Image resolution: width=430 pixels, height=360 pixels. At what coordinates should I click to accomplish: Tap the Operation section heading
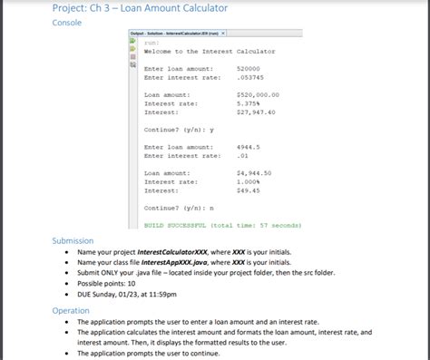click(71, 310)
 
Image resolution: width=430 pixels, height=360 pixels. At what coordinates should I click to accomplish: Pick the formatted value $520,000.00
click(258, 94)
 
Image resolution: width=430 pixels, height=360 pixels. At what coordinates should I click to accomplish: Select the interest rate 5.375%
click(249, 102)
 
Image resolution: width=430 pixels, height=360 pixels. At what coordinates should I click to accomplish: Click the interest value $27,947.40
click(256, 112)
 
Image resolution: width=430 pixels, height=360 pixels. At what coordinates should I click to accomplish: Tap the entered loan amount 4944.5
click(248, 146)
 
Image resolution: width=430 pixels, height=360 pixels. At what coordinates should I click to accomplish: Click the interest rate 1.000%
click(249, 181)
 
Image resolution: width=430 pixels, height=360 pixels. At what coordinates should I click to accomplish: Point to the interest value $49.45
click(248, 190)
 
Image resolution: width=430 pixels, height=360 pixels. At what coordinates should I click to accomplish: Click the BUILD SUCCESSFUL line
click(223, 223)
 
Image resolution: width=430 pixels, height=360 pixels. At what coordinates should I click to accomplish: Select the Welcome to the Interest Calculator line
click(210, 51)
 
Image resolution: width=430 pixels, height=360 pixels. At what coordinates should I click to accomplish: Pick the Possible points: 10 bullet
click(112, 283)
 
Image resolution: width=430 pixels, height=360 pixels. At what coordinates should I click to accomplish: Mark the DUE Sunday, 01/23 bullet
click(136, 294)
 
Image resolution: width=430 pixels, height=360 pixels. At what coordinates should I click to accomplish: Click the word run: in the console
click(151, 42)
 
